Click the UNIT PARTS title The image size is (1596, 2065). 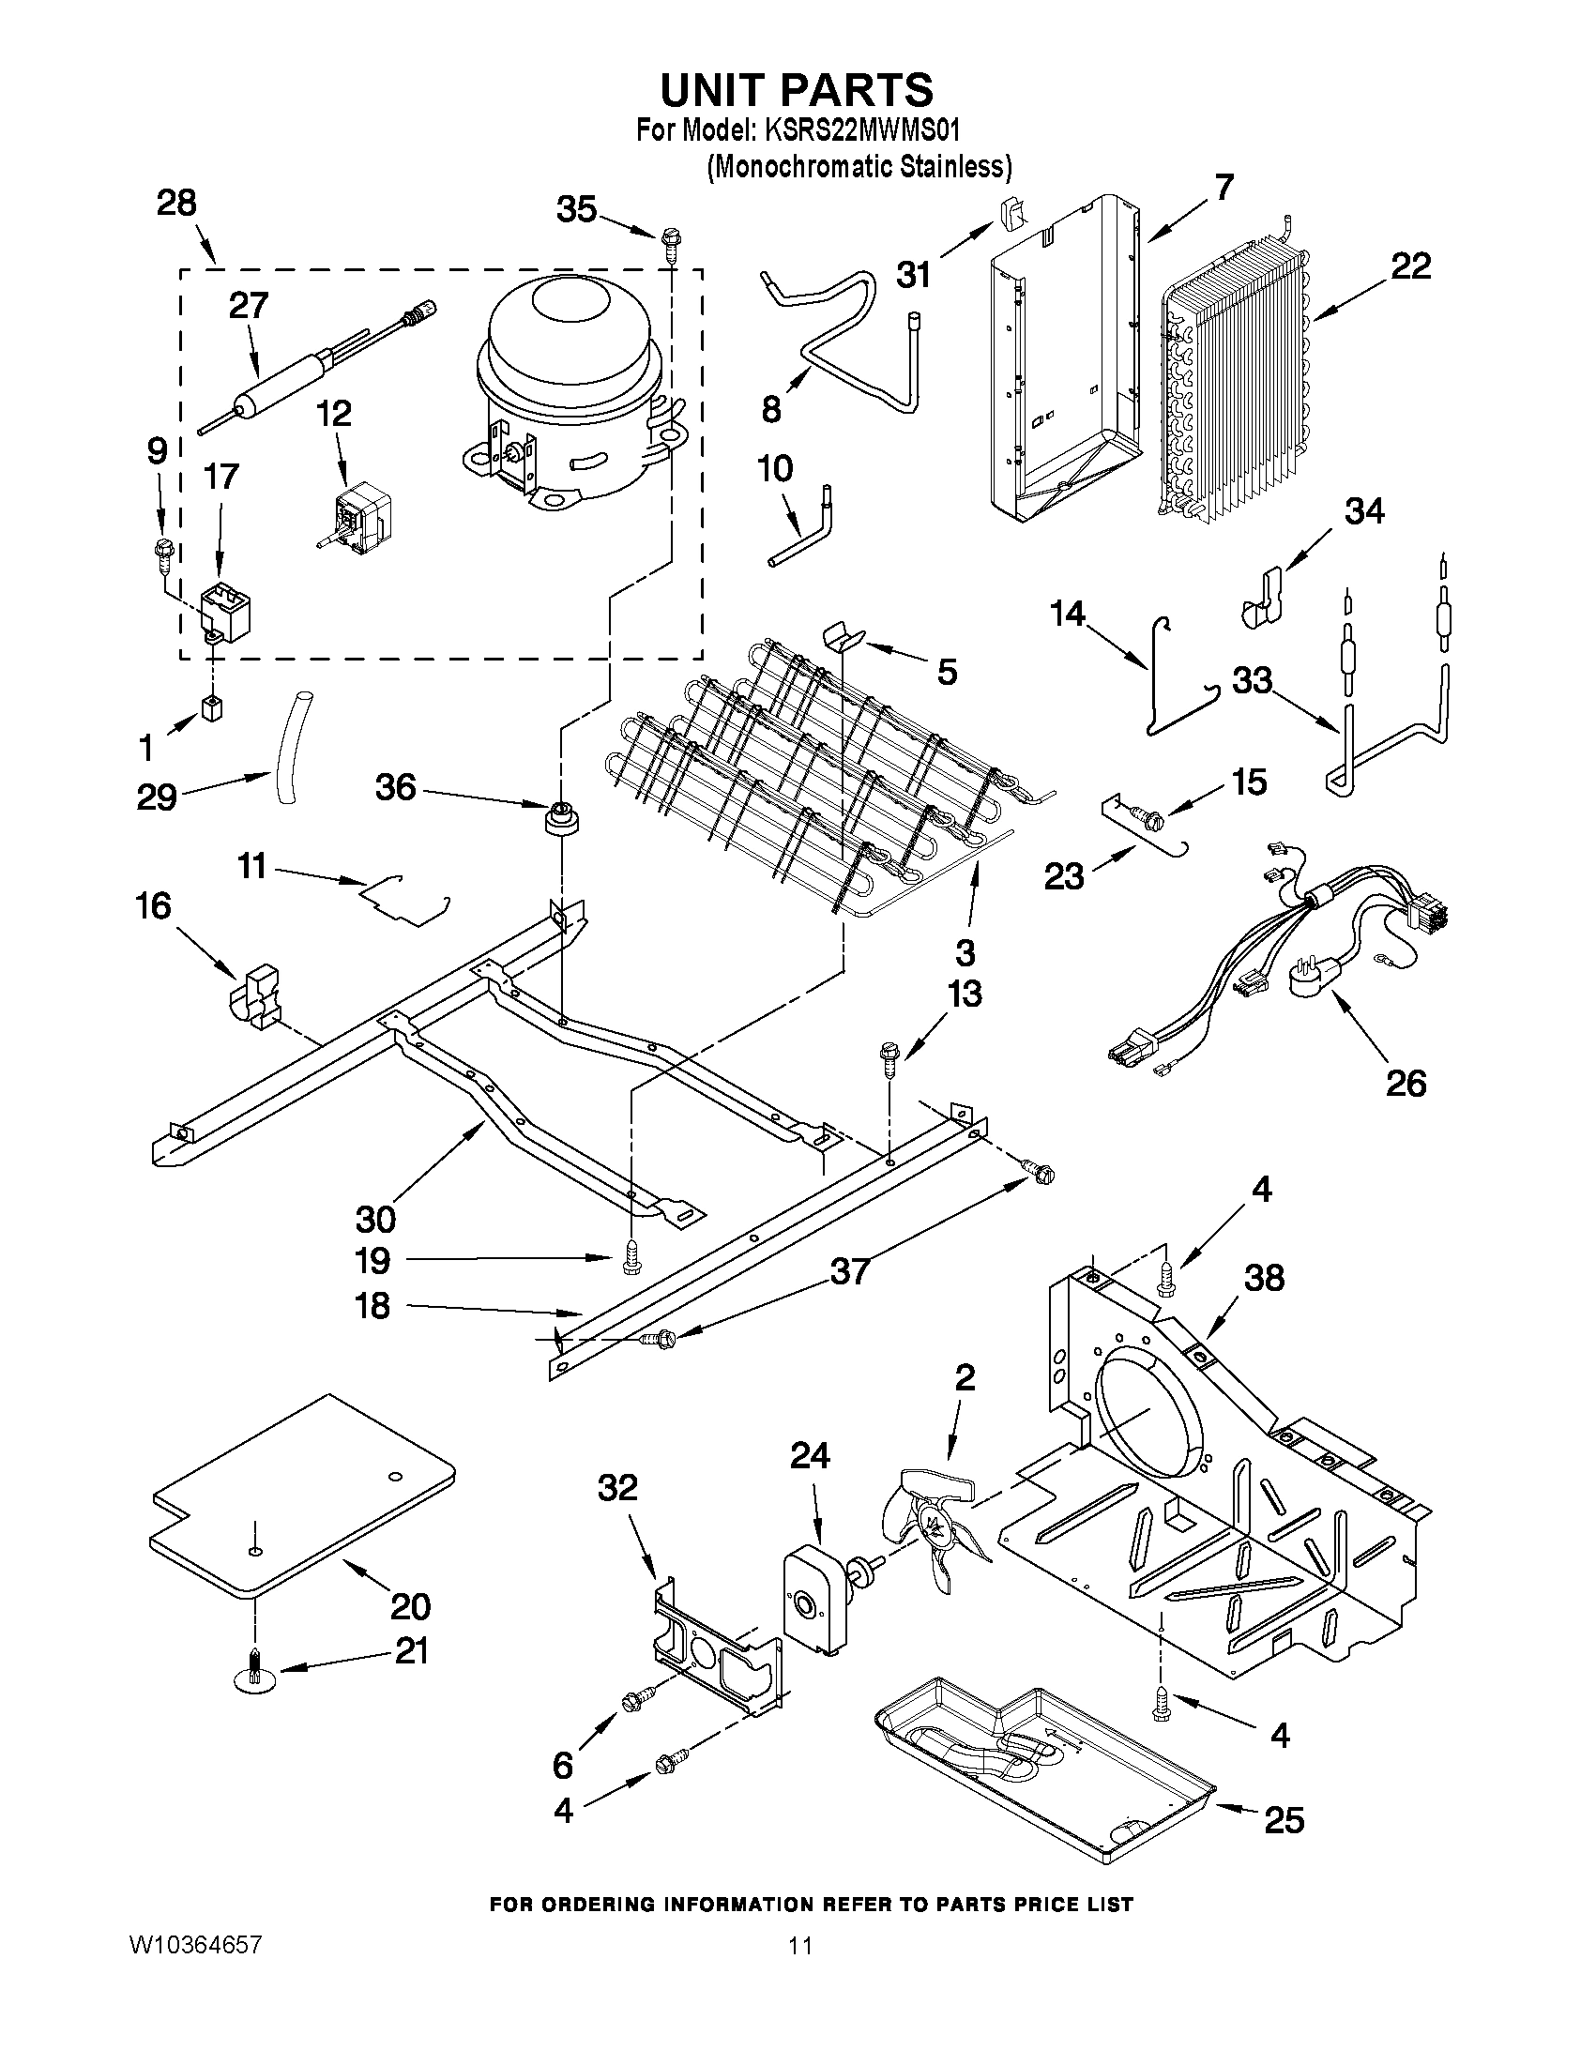796,90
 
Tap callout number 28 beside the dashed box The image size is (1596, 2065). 175,204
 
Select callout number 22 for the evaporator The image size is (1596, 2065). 1409,267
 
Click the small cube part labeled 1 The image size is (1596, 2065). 212,708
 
